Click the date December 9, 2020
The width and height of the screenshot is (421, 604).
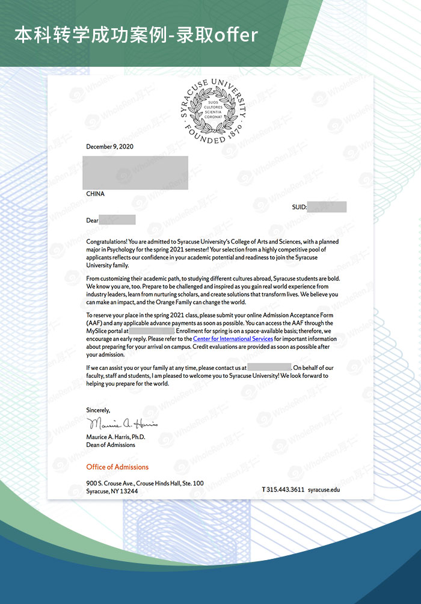109,147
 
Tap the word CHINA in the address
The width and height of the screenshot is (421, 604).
95,194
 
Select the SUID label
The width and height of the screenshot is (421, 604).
300,208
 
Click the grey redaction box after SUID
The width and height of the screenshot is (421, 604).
327,208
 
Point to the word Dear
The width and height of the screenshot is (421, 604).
92,220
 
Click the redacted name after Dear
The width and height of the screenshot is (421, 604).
117,220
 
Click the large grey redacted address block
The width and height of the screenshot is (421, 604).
135,173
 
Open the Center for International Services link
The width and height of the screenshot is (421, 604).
233,339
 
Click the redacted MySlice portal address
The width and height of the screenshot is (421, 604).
152,331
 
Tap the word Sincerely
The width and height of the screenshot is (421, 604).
98,410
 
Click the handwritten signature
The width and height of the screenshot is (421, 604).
122,424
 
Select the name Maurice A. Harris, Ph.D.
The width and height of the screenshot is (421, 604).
115,437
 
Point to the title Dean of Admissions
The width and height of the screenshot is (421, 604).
111,445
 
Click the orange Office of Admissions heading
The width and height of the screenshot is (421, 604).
117,467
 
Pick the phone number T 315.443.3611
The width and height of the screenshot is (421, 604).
283,490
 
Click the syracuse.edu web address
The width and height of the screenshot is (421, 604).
324,490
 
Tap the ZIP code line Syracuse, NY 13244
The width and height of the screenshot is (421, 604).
112,491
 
